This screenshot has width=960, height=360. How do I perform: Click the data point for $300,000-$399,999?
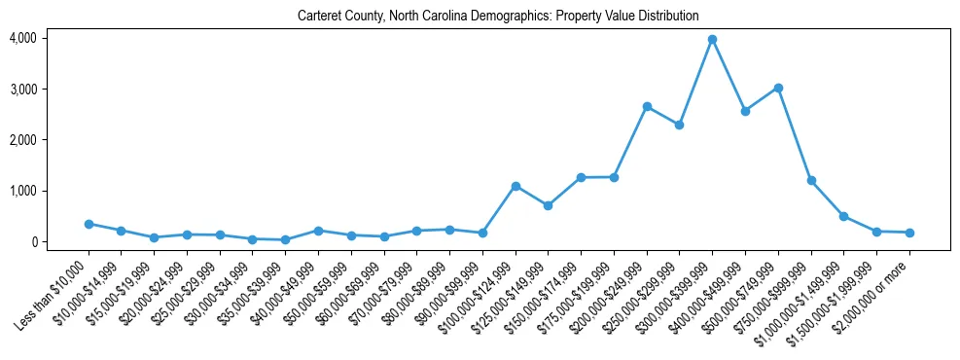(712, 40)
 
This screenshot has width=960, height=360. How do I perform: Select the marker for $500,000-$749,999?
(778, 88)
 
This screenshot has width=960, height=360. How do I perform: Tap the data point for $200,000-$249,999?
(647, 107)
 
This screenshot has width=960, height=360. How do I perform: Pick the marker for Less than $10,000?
(89, 224)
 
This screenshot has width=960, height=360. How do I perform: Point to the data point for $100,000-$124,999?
(516, 186)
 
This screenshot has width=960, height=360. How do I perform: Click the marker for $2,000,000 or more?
(909, 233)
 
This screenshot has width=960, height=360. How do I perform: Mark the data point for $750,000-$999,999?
(811, 181)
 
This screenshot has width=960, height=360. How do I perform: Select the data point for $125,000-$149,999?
(549, 205)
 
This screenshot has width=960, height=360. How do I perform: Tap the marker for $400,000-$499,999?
(745, 111)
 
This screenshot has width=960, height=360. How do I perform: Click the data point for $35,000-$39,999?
(285, 239)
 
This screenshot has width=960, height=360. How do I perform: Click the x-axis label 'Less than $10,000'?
(55, 291)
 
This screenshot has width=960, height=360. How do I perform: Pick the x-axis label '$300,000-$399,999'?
(677, 293)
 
